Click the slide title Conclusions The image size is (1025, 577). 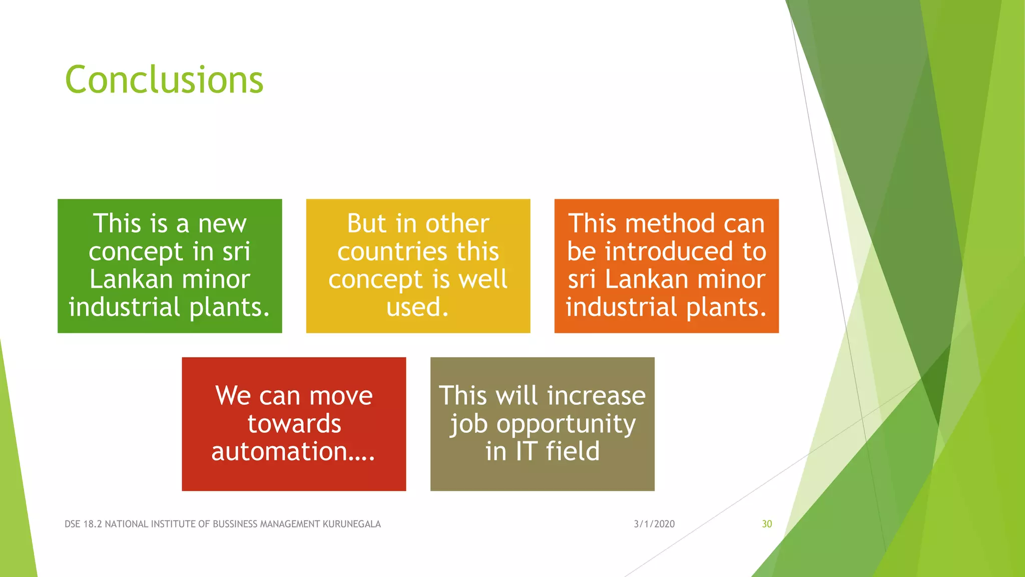coord(164,80)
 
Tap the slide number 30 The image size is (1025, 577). coord(767,524)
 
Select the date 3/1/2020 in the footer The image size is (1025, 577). coord(654,524)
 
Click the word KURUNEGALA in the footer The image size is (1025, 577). coord(351,524)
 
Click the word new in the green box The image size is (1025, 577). coord(222,224)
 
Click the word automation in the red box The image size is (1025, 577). coord(279,451)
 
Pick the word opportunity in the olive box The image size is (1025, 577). coord(566,424)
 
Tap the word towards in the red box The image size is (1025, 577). coord(294,424)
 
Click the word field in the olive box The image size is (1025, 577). coord(573,451)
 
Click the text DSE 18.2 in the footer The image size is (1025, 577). coord(83,524)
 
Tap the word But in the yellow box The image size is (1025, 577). coord(367,224)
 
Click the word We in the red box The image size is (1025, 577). coord(233,396)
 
